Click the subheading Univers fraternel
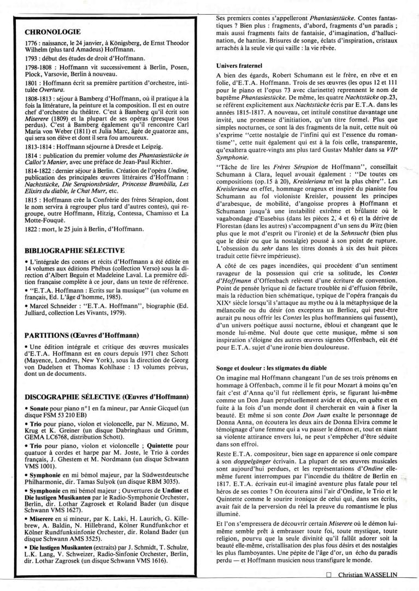[239, 66]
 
